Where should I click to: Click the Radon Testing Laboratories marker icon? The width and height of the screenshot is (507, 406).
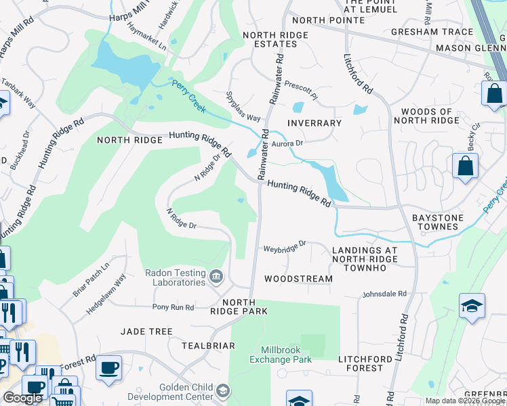point(216,275)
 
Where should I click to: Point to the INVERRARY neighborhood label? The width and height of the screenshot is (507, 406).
point(314,123)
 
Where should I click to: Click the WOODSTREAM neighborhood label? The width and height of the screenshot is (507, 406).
point(298,279)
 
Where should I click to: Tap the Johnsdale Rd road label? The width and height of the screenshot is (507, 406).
point(384,294)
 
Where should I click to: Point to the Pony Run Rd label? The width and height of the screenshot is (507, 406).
point(174,307)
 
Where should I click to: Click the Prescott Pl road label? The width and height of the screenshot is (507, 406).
point(300,91)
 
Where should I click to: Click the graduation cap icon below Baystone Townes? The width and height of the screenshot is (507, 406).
point(472,307)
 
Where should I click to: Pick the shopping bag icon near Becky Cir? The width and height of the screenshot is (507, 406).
point(466,166)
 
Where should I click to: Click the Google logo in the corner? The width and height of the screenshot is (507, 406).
point(22,398)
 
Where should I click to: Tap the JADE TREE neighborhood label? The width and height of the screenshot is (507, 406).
point(146,332)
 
